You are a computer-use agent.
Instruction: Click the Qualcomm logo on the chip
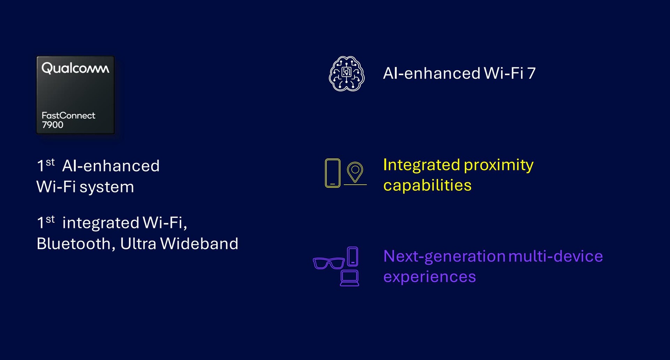(x=75, y=68)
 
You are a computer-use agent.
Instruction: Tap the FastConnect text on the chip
(x=68, y=116)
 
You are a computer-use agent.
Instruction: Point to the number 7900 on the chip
(x=53, y=125)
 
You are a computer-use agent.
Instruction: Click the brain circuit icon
(x=347, y=74)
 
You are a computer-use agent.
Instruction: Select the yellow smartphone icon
(x=333, y=173)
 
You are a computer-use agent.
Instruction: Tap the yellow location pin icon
(x=355, y=172)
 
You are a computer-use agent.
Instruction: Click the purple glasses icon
(x=329, y=263)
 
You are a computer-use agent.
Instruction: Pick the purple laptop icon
(x=350, y=278)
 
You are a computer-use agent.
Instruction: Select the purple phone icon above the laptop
(x=353, y=257)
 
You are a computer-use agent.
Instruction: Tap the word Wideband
(x=199, y=243)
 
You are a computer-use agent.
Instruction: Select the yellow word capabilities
(x=427, y=185)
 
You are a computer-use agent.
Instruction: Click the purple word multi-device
(x=556, y=256)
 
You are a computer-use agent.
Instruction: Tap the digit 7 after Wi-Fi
(x=531, y=73)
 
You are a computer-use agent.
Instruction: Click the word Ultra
(x=138, y=243)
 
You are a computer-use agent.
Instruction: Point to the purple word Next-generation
(x=445, y=257)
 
